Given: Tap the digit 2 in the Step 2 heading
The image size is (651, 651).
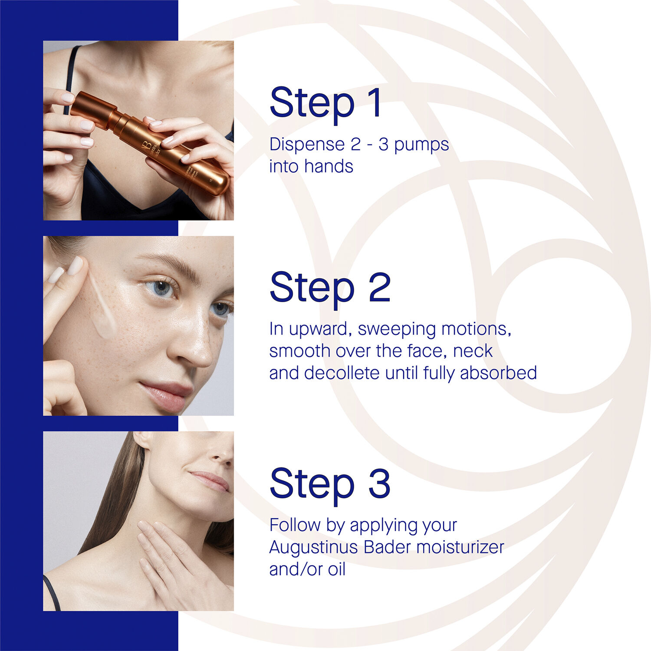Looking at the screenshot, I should pyautogui.click(x=379, y=287).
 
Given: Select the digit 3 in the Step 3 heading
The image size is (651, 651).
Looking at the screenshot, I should pyautogui.click(x=379, y=483).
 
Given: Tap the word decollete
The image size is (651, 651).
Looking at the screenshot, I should pyautogui.click(x=342, y=373).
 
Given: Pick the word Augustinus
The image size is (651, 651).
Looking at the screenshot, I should pyautogui.click(x=313, y=548).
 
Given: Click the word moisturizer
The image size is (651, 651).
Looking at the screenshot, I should pyautogui.click(x=460, y=547).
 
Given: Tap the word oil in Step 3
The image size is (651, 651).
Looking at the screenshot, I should pyautogui.click(x=336, y=569).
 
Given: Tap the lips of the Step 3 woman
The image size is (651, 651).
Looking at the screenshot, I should pyautogui.click(x=210, y=481).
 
